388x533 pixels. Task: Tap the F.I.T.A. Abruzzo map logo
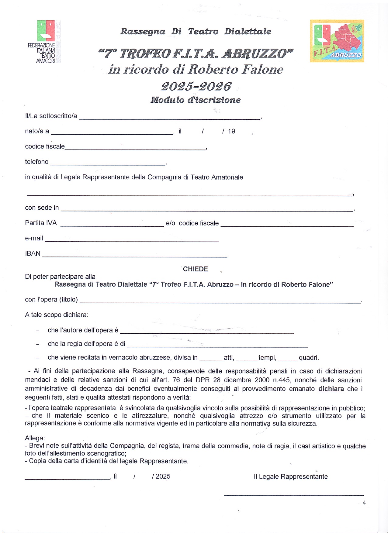click(x=337, y=41)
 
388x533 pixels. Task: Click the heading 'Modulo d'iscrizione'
click(x=196, y=100)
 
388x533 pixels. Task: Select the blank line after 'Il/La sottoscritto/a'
click(x=169, y=117)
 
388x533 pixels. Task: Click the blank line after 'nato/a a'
click(x=112, y=132)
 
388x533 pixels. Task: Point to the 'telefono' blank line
click(x=108, y=163)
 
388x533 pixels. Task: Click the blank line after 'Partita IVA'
click(x=112, y=224)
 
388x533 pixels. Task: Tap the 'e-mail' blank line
click(x=131, y=240)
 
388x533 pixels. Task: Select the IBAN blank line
click(x=134, y=255)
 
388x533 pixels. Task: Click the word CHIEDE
click(x=196, y=269)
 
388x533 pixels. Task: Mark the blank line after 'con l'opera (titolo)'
click(x=220, y=301)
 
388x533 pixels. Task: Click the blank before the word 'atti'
click(x=211, y=359)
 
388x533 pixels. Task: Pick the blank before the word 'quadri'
click(x=287, y=359)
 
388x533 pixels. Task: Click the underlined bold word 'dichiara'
click(x=331, y=389)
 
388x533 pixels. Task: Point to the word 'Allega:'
click(x=35, y=438)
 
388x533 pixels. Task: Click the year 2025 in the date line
click(x=163, y=476)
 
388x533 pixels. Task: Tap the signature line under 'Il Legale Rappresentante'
click(x=294, y=495)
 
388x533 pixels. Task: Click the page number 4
click(x=364, y=503)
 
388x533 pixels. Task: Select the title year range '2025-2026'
click(x=196, y=87)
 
